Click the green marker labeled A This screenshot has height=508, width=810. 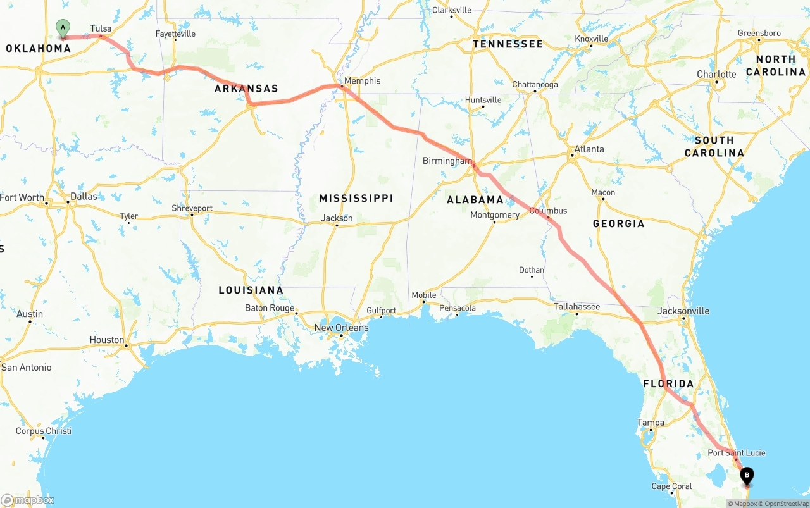click(x=63, y=27)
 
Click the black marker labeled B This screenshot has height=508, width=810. click(x=747, y=475)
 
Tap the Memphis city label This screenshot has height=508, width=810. click(x=362, y=81)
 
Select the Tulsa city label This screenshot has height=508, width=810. click(x=101, y=28)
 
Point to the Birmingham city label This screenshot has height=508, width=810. click(x=447, y=161)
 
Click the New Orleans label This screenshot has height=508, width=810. click(x=341, y=328)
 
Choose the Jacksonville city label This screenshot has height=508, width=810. click(x=683, y=311)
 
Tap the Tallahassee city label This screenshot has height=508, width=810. click(x=576, y=307)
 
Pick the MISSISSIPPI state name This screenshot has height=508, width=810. click(x=356, y=199)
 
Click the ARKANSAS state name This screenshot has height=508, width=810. click(x=246, y=89)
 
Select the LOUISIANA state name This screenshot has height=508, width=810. click(x=251, y=290)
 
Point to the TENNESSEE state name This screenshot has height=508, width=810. click(x=508, y=44)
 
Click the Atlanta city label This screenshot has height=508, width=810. click(x=589, y=149)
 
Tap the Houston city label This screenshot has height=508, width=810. click(x=107, y=340)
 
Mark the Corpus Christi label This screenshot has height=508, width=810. click(x=44, y=431)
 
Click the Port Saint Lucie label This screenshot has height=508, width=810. click(x=736, y=453)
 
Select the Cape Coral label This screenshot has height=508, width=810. click(x=671, y=486)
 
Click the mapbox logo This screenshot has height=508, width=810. click(x=28, y=500)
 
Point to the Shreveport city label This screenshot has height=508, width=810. click(x=192, y=208)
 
